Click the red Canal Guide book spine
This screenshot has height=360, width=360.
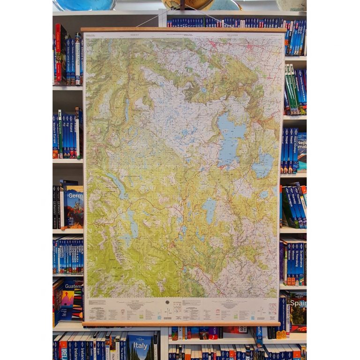58,54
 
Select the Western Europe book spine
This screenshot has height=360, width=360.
55,136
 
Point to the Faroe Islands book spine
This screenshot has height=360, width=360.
77,136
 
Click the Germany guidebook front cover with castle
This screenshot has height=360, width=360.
75,206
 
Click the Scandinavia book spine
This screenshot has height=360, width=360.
301,262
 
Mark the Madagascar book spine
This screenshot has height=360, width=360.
292,89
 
